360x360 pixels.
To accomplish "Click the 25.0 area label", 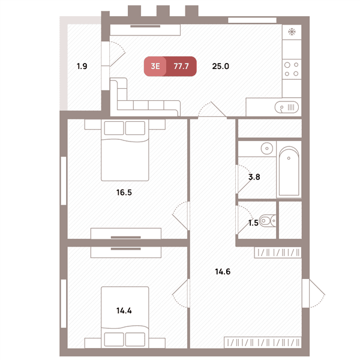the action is pyautogui.click(x=220, y=67).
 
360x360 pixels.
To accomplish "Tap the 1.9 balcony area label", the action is pyautogui.click(x=82, y=67).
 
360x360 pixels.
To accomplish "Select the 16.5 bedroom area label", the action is pyautogui.click(x=124, y=193).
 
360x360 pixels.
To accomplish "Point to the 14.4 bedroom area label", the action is pyautogui.click(x=124, y=311).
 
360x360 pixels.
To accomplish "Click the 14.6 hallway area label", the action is pyautogui.click(x=223, y=272).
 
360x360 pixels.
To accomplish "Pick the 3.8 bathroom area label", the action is pyautogui.click(x=254, y=177).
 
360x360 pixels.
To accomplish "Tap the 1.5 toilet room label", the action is pyautogui.click(x=253, y=223).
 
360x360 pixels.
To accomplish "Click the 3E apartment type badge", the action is pyautogui.click(x=155, y=66).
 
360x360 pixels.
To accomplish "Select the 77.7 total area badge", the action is pyautogui.click(x=181, y=66).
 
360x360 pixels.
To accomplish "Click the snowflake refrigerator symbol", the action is pyautogui.click(x=292, y=32).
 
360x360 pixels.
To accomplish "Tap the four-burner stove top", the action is pyautogui.click(x=292, y=70).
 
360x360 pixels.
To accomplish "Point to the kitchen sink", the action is pyautogui.click(x=287, y=107).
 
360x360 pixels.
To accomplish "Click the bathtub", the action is pyautogui.click(x=289, y=171).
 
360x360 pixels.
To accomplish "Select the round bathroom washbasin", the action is pyautogui.click(x=267, y=148).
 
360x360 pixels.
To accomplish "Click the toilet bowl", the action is pyautogui.click(x=268, y=221).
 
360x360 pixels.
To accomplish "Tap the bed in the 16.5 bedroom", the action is pyautogui.click(x=125, y=150).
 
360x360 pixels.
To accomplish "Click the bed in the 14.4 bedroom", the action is pyautogui.click(x=125, y=317).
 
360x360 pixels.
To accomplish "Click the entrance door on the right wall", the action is pyautogui.click(x=314, y=293).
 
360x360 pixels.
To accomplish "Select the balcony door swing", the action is pyautogui.click(x=118, y=54).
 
